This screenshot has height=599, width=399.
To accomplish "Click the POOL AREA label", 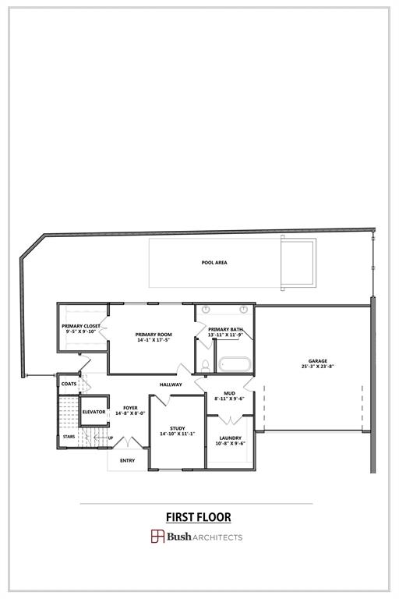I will point(214,263).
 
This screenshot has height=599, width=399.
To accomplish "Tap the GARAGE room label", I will point(317,361).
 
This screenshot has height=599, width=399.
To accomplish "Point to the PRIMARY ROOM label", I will point(154,335).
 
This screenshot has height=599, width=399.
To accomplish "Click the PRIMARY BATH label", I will point(226,329).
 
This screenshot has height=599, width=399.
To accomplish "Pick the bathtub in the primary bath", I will point(234,363).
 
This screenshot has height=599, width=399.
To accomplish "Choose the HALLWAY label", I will point(171,385).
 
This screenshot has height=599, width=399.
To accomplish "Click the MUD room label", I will point(230,393).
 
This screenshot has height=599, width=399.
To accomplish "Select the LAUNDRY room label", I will point(230,438).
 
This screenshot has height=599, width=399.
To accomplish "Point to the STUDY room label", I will point(177,428).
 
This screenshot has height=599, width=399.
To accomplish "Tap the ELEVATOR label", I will point(94,411).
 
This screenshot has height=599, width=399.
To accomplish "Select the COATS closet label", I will point(69,384).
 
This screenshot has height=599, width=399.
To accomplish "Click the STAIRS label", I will point(69,437).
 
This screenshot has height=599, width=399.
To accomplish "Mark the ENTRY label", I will point(127,460).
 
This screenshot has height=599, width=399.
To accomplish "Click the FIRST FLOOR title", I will point(198,516).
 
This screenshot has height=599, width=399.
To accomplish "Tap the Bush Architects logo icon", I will point(157,536).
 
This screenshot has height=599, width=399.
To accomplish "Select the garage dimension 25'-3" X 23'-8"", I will point(317,367).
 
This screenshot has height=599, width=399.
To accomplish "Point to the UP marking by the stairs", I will point(111,438).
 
